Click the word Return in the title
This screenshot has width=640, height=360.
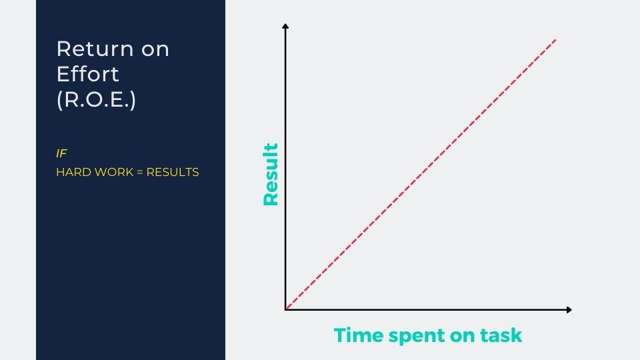(x=95, y=49)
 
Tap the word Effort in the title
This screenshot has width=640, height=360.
(x=88, y=74)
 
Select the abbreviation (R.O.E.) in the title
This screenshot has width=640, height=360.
(x=96, y=99)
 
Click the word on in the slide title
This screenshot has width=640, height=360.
(x=155, y=51)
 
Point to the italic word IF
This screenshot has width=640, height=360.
(x=61, y=153)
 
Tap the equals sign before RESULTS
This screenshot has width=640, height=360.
(x=139, y=173)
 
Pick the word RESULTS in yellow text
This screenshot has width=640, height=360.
(x=173, y=172)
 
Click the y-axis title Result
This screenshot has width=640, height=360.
(x=271, y=174)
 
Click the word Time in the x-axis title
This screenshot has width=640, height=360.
(x=359, y=335)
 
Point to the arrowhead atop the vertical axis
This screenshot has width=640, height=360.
(x=285, y=26)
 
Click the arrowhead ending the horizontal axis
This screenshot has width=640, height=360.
(x=569, y=310)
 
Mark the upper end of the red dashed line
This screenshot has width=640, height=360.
(x=556, y=39)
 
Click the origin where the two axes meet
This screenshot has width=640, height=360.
(x=285, y=310)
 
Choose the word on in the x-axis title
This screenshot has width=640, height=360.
(x=462, y=336)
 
